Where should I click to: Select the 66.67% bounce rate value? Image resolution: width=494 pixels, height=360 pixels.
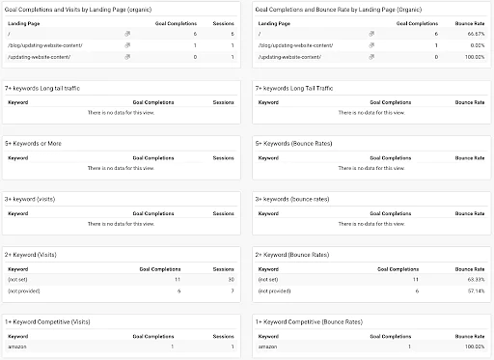[x=472, y=33]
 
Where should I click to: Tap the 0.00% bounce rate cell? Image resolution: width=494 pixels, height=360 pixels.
[x=474, y=44]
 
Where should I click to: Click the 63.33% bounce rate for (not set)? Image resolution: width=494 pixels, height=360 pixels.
[x=472, y=278]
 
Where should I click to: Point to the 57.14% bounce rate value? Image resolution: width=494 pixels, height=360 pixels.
[x=472, y=290]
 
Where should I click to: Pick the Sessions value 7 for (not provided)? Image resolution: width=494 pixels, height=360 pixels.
[x=231, y=290]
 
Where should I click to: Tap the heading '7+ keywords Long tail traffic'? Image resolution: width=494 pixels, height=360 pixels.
[x=42, y=88]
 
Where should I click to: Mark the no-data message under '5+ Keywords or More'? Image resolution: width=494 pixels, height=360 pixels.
[x=120, y=167]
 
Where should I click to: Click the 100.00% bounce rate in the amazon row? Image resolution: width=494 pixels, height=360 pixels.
[x=471, y=346]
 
